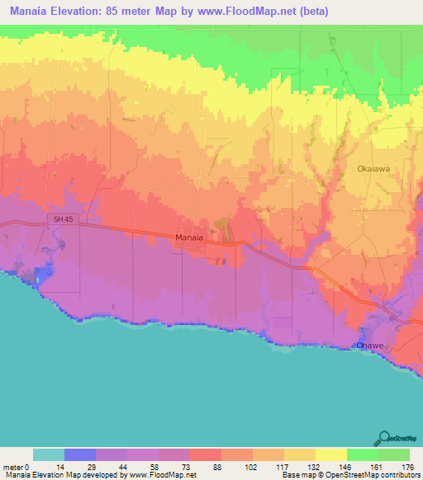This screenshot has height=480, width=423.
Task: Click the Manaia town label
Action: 189,238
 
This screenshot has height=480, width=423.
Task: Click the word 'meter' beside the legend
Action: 14,466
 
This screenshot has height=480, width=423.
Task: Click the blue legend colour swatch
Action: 80,454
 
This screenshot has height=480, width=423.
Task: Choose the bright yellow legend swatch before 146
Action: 330,454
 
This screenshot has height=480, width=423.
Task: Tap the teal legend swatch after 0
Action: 49,454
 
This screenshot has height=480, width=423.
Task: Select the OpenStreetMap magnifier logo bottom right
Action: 384,438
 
